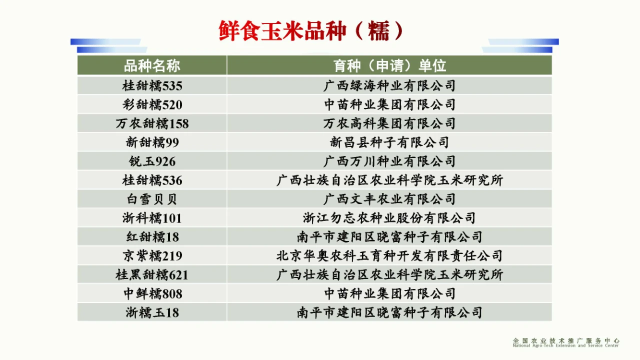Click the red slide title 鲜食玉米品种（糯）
tap(311, 31)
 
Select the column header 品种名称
tap(152, 65)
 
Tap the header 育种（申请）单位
tap(389, 65)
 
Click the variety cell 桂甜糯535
tap(152, 85)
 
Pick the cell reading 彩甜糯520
tap(152, 104)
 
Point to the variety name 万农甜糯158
tap(152, 123)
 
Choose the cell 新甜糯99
tap(152, 142)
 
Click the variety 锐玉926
tap(152, 161)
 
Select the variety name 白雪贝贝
tap(152, 199)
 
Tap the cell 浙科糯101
tap(152, 218)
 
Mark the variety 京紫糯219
tap(152, 255)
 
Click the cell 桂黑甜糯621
tap(152, 275)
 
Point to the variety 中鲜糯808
tap(153, 293)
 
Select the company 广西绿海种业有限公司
tap(389, 85)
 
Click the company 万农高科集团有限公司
tap(389, 123)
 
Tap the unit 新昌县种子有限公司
tap(389, 142)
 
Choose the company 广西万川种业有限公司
tap(389, 161)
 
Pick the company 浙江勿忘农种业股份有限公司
tap(389, 218)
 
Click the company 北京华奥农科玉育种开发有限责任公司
tap(389, 255)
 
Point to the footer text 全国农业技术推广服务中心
tap(566, 340)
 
